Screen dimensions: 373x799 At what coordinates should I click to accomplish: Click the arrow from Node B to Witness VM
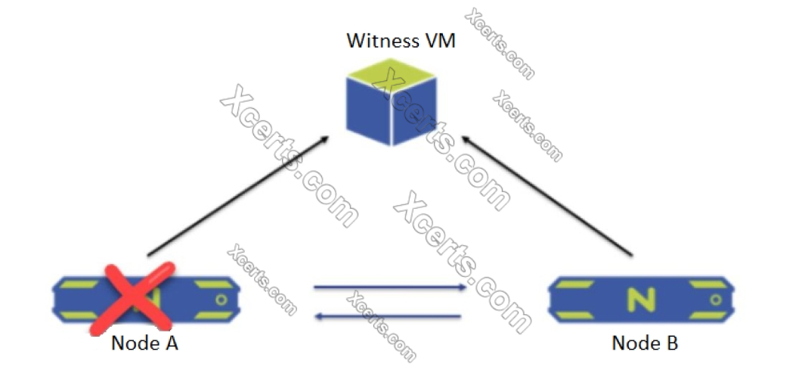click(x=548, y=196)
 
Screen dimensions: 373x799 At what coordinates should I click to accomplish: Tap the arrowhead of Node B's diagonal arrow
click(x=468, y=141)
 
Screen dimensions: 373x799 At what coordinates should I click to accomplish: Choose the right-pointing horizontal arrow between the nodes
click(x=389, y=288)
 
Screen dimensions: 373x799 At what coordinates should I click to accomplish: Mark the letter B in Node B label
click(x=671, y=343)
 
